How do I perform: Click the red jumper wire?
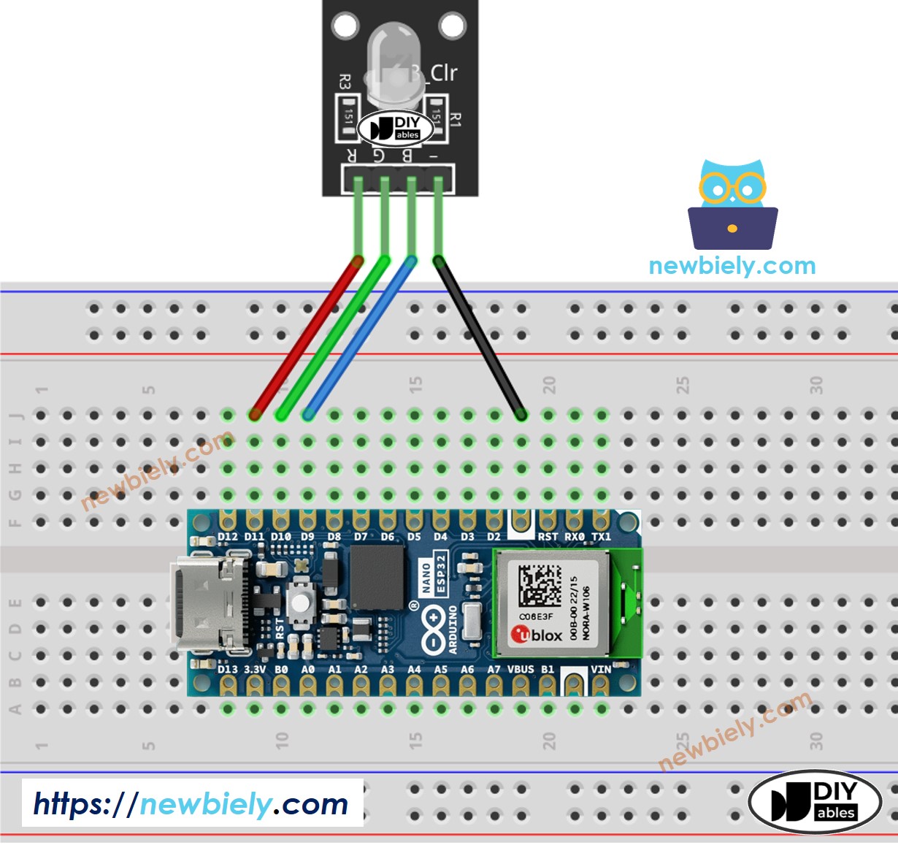point(307,336)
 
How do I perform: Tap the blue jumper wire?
point(360,336)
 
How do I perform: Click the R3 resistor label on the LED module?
point(345,82)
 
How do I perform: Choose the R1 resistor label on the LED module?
point(456,120)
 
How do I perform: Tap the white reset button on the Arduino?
point(299,600)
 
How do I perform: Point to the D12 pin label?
point(228,537)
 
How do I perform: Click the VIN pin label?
point(601,669)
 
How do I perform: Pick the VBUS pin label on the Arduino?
point(521,669)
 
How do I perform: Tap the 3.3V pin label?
point(255,669)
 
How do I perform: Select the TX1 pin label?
point(601,537)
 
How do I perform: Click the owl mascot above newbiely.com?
point(732,205)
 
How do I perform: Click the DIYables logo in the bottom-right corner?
point(815,801)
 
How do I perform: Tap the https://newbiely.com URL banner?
point(192,804)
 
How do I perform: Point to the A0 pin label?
point(308,669)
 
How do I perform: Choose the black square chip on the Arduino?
point(377,577)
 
